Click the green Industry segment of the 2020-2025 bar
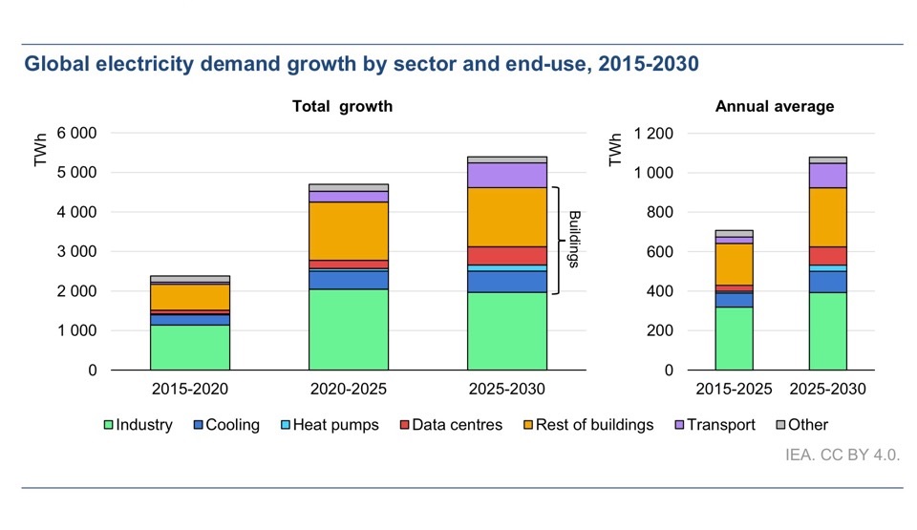tap(348, 329)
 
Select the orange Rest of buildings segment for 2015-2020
tap(189, 297)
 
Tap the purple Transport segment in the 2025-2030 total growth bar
tap(506, 175)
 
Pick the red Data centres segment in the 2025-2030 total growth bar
tap(506, 255)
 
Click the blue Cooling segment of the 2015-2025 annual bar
tap(734, 300)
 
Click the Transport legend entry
tap(713, 425)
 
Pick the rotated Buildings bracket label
tap(575, 239)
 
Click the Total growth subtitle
tap(342, 107)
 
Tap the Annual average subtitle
tap(774, 107)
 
